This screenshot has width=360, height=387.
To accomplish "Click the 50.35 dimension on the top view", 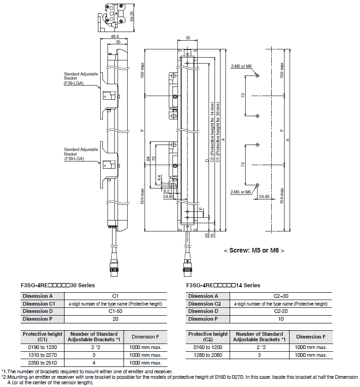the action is tap(132, 16).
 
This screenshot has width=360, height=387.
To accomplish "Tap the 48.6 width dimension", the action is tap(115, 37).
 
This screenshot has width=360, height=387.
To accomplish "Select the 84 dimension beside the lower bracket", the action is tap(148, 158).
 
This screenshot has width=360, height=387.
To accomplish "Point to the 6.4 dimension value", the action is tap(159, 177).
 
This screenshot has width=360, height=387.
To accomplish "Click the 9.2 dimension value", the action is tap(167, 191).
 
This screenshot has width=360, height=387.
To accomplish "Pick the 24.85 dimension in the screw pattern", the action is tap(264, 196).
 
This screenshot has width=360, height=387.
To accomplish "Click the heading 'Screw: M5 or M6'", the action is tap(254, 250).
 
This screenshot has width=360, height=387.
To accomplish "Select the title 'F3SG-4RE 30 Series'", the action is tap(58, 285).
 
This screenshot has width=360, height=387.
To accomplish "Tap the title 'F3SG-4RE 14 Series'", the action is tap(223, 285).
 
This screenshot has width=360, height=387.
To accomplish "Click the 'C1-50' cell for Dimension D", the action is tap(115, 311).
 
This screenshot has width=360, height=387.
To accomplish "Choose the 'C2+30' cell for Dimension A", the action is tap(281, 296).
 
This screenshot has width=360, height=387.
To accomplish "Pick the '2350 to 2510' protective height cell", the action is tap(43, 363).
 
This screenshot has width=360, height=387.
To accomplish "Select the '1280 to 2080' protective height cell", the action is tap(208, 355).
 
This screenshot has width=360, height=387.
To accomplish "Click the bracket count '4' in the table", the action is tap(94, 363).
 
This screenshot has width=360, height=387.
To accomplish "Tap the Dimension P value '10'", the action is tap(281, 319).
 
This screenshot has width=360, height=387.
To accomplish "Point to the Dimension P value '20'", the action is tap(115, 319).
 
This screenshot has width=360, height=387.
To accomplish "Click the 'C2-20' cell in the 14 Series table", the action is tap(281, 311).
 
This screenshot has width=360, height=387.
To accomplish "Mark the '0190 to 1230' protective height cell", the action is tap(43, 347).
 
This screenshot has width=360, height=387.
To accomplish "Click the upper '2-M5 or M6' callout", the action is tap(242, 66).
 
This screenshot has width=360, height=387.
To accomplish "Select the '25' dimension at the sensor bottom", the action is tap(207, 235).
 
